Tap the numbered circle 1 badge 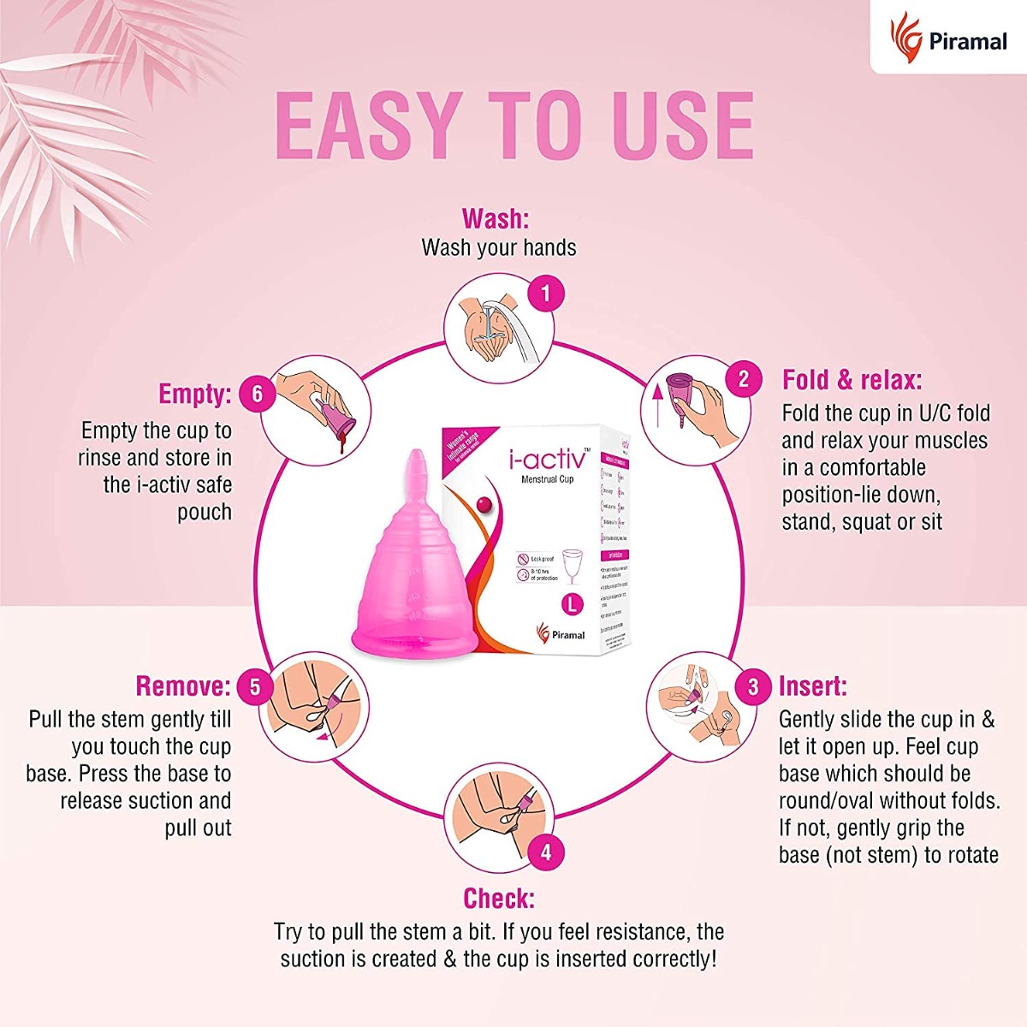[545, 294]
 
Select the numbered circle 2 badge [743, 378]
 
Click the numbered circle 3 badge [753, 686]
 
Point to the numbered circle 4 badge [545, 852]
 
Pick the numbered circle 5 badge [255, 686]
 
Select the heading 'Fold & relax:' [852, 379]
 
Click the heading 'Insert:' [813, 686]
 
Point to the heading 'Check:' [498, 898]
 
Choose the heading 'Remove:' [183, 686]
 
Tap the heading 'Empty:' [195, 394]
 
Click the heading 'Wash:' [496, 218]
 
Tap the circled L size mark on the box [571, 603]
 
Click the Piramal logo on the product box [560, 634]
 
